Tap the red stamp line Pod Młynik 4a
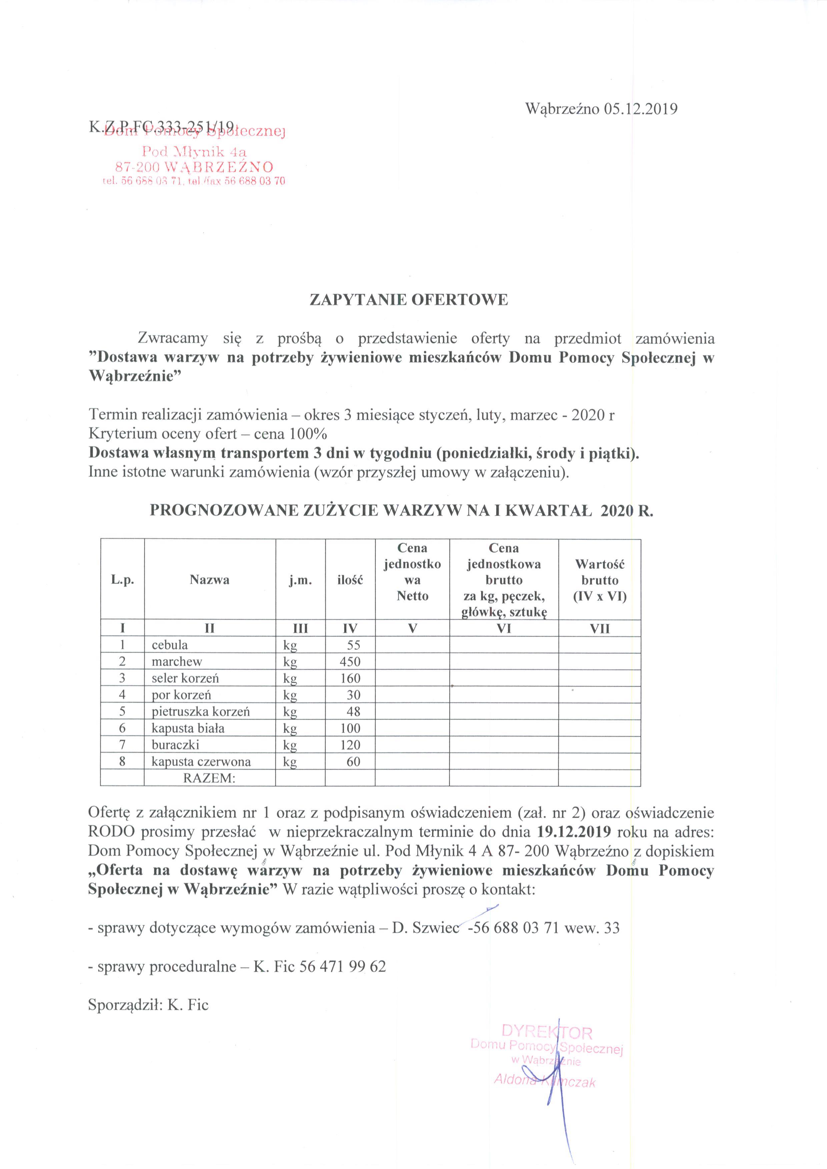(x=194, y=151)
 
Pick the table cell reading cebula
(x=170, y=645)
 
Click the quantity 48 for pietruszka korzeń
(x=353, y=711)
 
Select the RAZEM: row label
(x=209, y=778)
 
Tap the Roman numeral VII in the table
(x=599, y=628)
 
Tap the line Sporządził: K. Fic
(x=148, y=1005)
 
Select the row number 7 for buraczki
(x=122, y=745)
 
